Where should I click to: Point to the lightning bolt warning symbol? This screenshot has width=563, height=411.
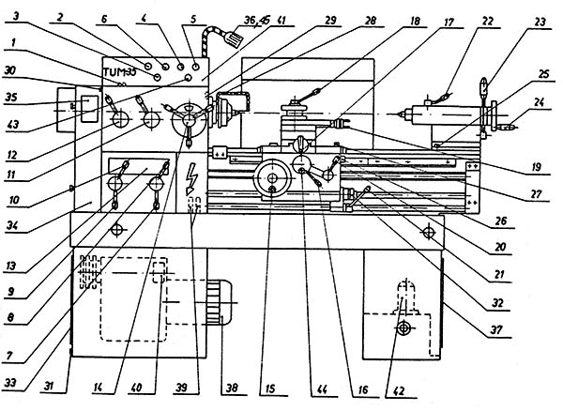pyautogui.click(x=194, y=175)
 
